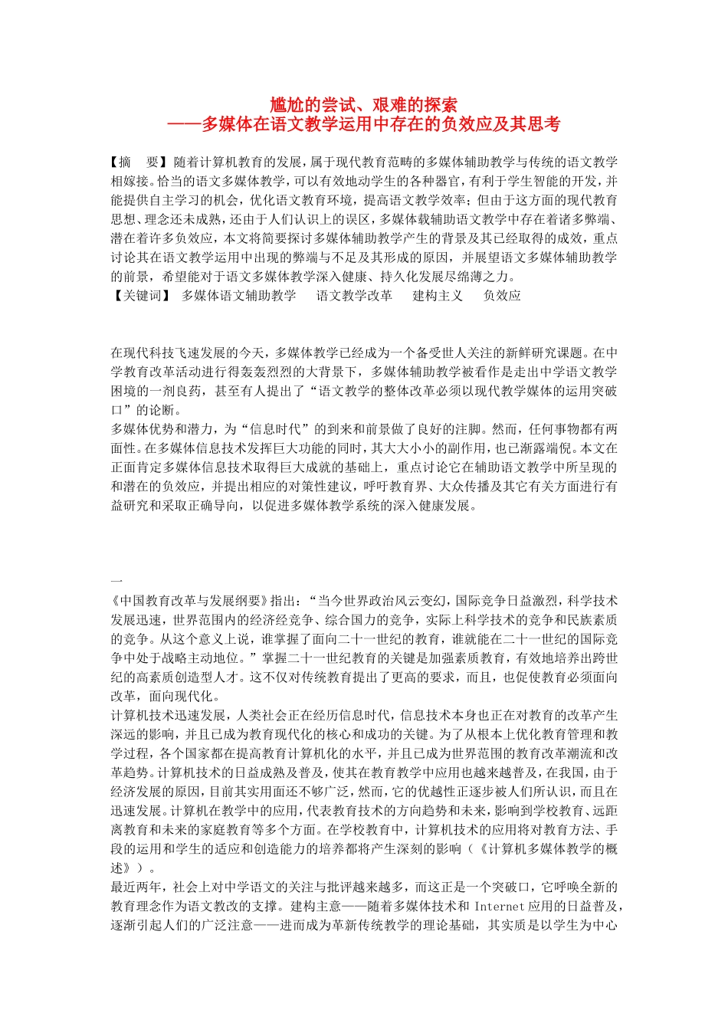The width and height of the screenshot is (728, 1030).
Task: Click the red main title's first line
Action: (x=364, y=104)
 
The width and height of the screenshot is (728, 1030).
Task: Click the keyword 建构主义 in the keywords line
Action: (x=438, y=296)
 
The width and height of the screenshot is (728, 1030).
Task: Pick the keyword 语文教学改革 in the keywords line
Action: (x=354, y=296)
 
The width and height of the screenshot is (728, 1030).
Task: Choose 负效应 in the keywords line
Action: (x=502, y=296)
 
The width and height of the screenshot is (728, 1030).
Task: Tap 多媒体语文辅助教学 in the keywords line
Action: (x=238, y=296)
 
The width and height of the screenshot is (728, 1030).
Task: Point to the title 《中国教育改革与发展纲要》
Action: (x=189, y=601)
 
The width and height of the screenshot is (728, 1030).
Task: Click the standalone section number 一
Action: (x=116, y=582)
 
